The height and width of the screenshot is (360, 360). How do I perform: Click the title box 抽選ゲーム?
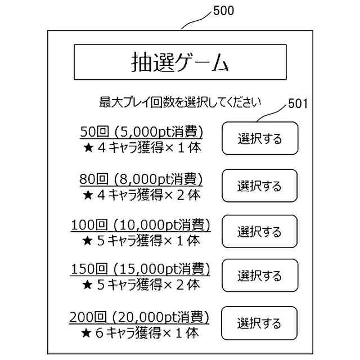coord(180,62)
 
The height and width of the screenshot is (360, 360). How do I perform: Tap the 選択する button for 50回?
coord(259,138)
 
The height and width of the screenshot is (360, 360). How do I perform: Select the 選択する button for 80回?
coord(259,186)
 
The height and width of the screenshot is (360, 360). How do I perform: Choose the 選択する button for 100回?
coord(259,231)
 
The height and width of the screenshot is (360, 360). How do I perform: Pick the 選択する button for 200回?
coord(259,323)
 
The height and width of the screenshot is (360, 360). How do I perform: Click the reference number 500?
coord(224,11)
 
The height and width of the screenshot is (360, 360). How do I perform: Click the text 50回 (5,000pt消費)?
coord(141,132)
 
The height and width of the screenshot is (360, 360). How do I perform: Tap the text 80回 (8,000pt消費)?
coord(141,179)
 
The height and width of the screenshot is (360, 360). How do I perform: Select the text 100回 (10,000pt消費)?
coord(141,226)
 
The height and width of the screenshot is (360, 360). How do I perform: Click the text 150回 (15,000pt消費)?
coord(141,269)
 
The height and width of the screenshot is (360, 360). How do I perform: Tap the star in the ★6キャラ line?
coord(87,334)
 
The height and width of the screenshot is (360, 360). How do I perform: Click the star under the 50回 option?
coord(87,148)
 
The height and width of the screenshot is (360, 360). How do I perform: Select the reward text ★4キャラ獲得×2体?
coord(141,195)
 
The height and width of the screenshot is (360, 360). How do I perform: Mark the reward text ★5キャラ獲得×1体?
coord(141,241)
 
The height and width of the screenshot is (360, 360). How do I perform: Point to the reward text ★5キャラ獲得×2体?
coord(141,285)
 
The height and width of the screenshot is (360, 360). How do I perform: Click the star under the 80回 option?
coord(87,195)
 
